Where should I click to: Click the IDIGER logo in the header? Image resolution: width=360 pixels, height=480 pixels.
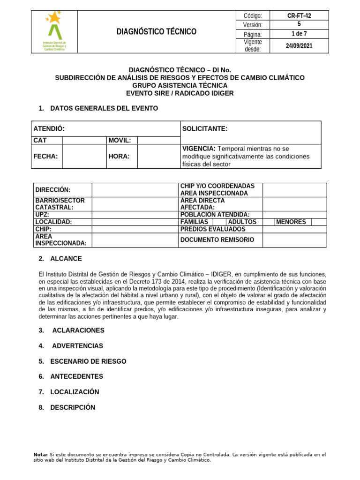55,31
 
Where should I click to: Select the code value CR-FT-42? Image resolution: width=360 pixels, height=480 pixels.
299,15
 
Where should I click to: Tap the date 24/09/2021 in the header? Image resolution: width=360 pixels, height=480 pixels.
299,45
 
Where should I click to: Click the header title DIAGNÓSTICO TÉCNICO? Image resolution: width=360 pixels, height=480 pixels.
157,31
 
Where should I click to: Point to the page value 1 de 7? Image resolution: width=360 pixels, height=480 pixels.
299,34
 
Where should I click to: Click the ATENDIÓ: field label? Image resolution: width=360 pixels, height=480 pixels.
49,128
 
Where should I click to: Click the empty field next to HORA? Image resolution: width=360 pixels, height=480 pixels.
158,156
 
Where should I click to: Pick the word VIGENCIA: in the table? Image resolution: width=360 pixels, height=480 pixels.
199,149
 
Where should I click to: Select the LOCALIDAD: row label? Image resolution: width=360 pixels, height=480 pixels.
53,222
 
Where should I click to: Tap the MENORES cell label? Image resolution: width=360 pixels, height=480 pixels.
291,222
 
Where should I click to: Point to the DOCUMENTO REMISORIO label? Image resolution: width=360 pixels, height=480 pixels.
217,240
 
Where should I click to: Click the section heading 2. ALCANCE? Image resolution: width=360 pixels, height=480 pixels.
60,258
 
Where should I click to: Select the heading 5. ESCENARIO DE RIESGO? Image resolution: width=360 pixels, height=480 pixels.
82,361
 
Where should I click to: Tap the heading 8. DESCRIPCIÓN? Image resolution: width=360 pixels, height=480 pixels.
67,407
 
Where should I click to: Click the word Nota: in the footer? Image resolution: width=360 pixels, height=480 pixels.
41,455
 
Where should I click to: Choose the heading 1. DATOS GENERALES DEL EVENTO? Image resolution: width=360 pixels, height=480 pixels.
98,108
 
